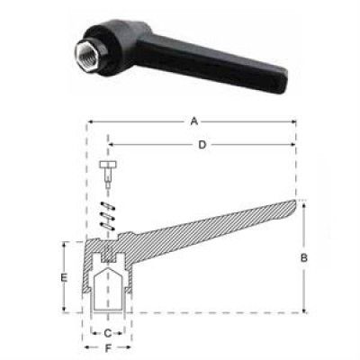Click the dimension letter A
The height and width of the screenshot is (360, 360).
coord(194,121)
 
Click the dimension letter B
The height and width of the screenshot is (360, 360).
coord(304,257)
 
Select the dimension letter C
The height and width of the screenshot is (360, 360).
coord(107,333)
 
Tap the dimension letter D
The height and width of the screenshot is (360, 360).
coord(202,145)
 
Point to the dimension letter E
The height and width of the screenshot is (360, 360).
coord(64,277)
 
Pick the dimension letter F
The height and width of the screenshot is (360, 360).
coord(108,348)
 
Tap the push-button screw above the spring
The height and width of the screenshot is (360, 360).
coord(108,173)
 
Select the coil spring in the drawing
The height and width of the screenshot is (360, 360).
coord(108,216)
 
